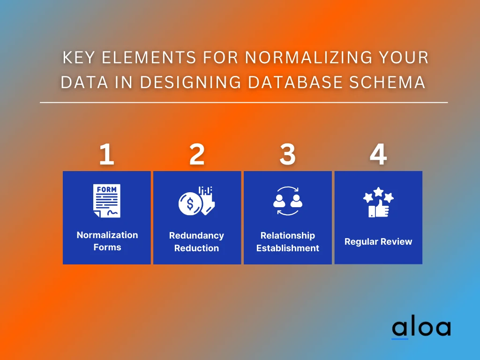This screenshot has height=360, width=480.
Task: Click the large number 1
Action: point(106,154)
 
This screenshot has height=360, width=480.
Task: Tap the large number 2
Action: point(197,154)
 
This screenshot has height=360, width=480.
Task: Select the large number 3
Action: point(287,154)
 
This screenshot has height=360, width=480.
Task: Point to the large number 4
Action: point(378,154)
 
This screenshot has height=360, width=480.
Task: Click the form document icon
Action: point(107,201)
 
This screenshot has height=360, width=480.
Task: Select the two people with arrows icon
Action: point(288,201)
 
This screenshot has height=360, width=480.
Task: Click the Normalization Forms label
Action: point(107,241)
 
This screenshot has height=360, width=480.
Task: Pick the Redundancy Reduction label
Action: point(196,242)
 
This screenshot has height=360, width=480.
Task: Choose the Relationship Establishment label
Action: point(288,242)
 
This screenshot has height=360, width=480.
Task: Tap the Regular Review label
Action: point(378,242)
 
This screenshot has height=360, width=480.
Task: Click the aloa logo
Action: point(421,328)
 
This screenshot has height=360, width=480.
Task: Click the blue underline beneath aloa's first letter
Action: point(400,338)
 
